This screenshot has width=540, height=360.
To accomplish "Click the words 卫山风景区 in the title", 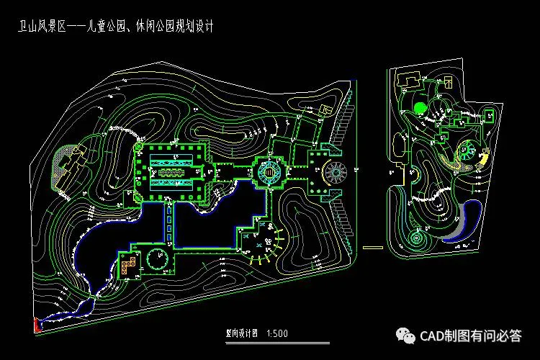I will coord(41,27).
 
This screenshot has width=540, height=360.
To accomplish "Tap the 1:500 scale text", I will coord(277,333).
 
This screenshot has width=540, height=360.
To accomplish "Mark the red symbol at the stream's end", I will coord(36,325).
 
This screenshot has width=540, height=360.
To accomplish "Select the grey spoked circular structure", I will coord(336,173).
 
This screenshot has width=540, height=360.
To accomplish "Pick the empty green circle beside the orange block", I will coord(156,258).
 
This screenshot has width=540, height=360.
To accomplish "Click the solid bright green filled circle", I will coord(420,109).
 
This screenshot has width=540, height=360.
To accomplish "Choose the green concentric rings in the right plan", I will coord(418,238).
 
